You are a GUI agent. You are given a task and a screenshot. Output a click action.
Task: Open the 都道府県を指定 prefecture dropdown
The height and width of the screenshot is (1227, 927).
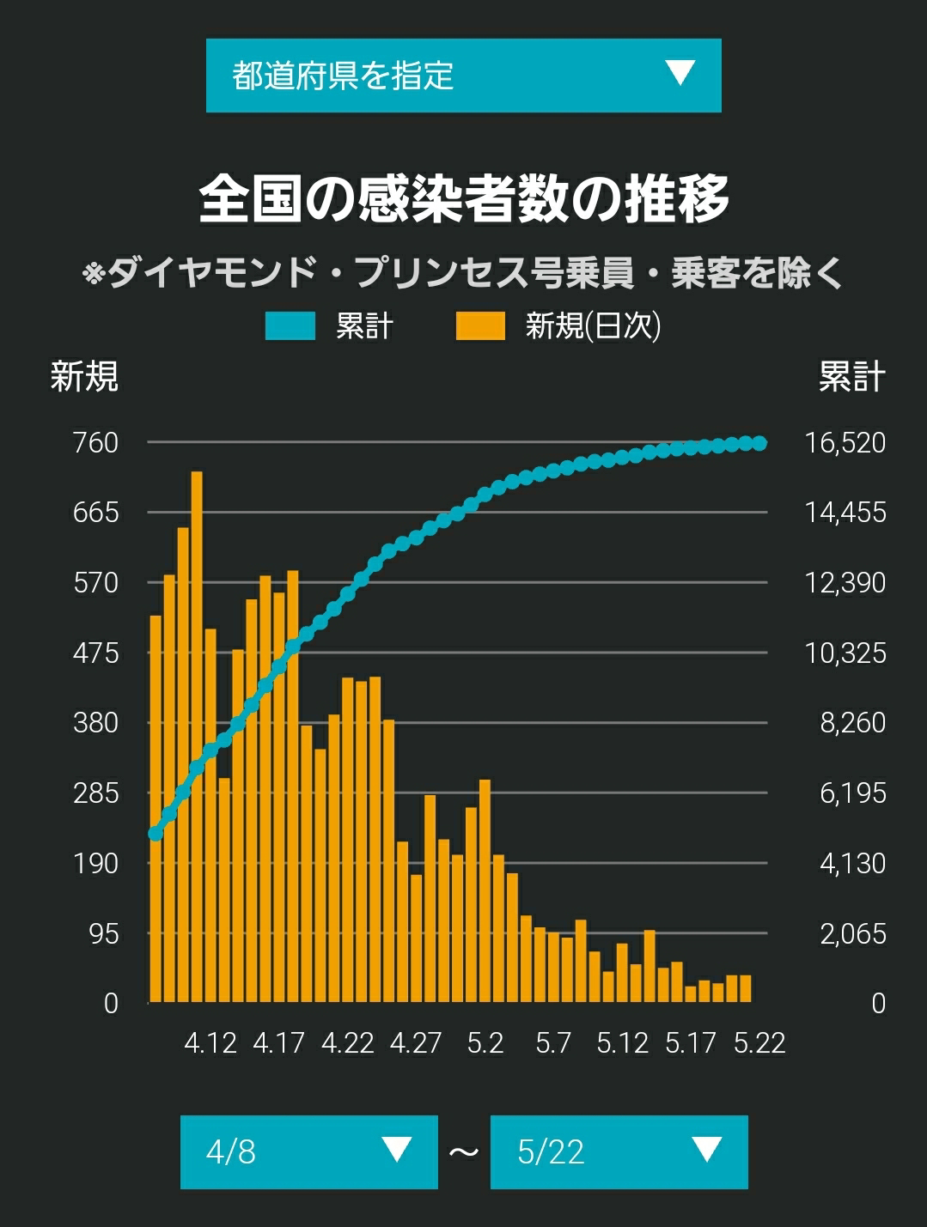tap(464, 76)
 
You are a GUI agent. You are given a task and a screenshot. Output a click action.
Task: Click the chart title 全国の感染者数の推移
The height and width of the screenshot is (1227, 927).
tap(464, 199)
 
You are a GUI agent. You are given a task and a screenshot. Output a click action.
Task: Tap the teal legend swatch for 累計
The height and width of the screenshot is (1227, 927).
tap(290, 326)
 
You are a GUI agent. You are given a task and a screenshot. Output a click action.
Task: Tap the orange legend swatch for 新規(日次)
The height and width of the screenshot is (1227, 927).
tap(480, 326)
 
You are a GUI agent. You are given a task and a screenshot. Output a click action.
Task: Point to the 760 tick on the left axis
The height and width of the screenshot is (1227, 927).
tap(95, 443)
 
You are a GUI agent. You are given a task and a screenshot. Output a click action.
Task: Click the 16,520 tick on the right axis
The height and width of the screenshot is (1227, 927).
tap(845, 443)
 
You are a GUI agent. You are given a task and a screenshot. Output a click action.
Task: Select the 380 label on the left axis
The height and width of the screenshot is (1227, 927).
tap(95, 723)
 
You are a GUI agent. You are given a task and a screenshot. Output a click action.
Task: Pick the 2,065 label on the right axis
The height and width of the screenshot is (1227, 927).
tap(852, 933)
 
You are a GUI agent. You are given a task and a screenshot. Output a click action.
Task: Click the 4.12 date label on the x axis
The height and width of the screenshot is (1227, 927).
tap(210, 1042)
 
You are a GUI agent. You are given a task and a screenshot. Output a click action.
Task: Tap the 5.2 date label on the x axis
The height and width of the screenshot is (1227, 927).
tap(485, 1042)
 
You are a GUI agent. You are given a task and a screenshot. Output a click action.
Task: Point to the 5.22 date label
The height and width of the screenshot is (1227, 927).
tap(759, 1042)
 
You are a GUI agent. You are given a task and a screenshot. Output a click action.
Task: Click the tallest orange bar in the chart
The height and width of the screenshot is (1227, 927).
tap(197, 736)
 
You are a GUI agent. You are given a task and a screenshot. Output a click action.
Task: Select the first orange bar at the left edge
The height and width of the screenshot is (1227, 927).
tap(156, 808)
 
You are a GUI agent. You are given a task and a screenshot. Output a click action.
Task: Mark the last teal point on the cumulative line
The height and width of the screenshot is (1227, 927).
tap(759, 443)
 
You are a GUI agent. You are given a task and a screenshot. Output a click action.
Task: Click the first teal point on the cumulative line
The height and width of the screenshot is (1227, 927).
tap(156, 834)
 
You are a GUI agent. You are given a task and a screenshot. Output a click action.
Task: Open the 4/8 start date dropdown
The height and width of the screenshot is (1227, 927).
tap(308, 1151)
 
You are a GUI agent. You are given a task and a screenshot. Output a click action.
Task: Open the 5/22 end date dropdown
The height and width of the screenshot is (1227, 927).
tap(619, 1151)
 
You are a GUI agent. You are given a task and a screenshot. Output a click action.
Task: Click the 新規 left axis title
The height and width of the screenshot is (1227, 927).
tap(84, 375)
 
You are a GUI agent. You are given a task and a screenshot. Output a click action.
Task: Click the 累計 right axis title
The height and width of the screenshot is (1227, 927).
tap(852, 375)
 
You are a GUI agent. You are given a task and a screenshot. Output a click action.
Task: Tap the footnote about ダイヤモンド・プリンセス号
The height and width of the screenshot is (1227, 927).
tap(462, 273)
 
